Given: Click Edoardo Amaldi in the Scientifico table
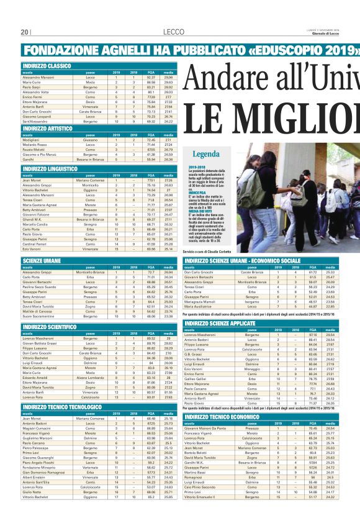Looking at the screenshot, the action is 35,395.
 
